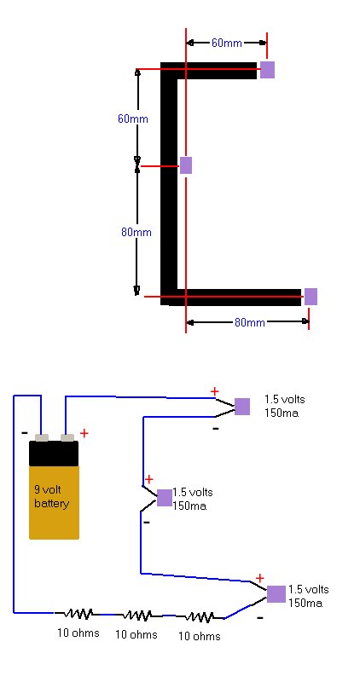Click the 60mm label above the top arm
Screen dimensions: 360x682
click(x=226, y=43)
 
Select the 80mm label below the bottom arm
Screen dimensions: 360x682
click(x=249, y=322)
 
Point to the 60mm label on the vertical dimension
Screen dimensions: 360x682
click(x=133, y=118)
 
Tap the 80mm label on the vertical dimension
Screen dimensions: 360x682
click(x=136, y=232)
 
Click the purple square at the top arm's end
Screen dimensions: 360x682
click(x=267, y=70)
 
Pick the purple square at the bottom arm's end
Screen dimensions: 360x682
click(x=311, y=296)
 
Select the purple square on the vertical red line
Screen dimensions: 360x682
click(x=186, y=165)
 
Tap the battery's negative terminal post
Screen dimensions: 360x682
click(x=42, y=437)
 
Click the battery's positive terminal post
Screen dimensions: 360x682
click(x=67, y=437)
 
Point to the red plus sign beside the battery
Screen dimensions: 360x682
click(x=84, y=433)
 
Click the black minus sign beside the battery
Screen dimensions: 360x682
click(x=25, y=433)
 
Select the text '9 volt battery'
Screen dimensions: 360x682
click(x=51, y=497)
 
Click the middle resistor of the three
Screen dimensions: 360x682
click(x=137, y=615)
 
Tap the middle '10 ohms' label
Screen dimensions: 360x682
click(x=136, y=634)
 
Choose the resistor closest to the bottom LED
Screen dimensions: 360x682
click(x=200, y=616)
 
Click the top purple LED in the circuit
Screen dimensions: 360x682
click(x=242, y=407)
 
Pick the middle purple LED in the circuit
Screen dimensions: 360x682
click(x=164, y=498)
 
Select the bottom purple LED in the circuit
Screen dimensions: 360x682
click(x=276, y=594)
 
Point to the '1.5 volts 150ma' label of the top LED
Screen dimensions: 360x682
click(x=285, y=406)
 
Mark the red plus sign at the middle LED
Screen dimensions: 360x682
click(x=149, y=480)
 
